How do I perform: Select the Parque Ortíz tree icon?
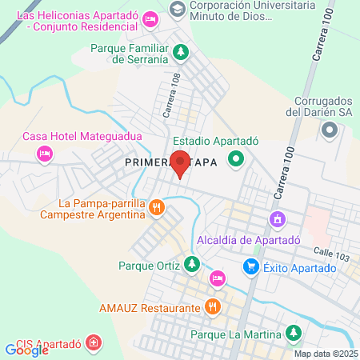[x=191, y=262]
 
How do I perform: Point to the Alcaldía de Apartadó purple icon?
[x=278, y=218]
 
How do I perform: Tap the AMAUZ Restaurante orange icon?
[x=212, y=306]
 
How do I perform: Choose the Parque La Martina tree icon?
[x=294, y=332]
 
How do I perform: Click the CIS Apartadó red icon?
[x=94, y=343]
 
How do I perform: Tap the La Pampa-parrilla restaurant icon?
[x=157, y=208]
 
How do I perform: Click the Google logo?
[x=26, y=349]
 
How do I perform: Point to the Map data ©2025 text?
[x=326, y=354]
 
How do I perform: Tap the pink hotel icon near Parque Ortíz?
[x=217, y=278]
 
